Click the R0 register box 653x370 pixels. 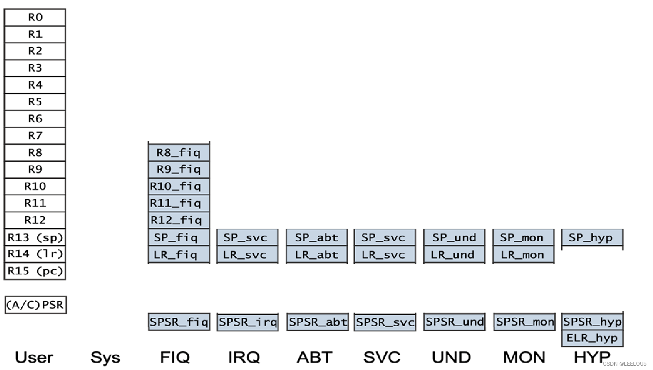point(35,17)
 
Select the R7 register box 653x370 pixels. point(35,136)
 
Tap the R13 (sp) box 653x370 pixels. point(35,237)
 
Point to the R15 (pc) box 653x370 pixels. point(35,271)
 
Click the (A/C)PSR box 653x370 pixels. point(36,305)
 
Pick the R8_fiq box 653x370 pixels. point(179,153)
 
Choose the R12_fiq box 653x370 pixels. point(179,220)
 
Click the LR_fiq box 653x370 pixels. point(179,255)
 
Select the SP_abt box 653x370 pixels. point(317,237)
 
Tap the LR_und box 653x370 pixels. point(453,255)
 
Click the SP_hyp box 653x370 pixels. point(592,237)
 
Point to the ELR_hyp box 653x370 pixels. point(592,338)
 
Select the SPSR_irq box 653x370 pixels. point(247,322)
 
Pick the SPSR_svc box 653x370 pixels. point(385,322)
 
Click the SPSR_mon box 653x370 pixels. point(524,322)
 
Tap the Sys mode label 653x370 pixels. point(105,357)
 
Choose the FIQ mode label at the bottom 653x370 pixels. point(175,357)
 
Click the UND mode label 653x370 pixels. point(451,357)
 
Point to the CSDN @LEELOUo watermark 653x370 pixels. point(624,364)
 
